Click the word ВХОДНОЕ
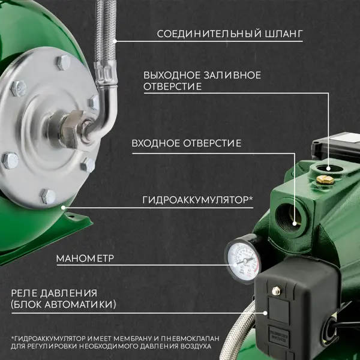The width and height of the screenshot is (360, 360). click(x=156, y=143)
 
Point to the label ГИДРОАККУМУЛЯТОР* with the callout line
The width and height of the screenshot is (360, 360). click(x=197, y=200)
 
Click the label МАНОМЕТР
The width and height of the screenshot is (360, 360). click(x=85, y=259)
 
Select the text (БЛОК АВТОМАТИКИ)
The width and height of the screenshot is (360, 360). click(x=64, y=305)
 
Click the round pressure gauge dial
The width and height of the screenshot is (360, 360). click(x=242, y=260)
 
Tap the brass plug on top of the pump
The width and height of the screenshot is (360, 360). click(x=325, y=179)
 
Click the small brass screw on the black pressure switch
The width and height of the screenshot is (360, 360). click(x=276, y=290)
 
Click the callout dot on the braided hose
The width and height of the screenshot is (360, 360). click(x=115, y=41)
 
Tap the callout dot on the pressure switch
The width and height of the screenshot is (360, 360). click(x=265, y=313)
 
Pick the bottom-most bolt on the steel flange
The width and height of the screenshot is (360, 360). click(x=48, y=197)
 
